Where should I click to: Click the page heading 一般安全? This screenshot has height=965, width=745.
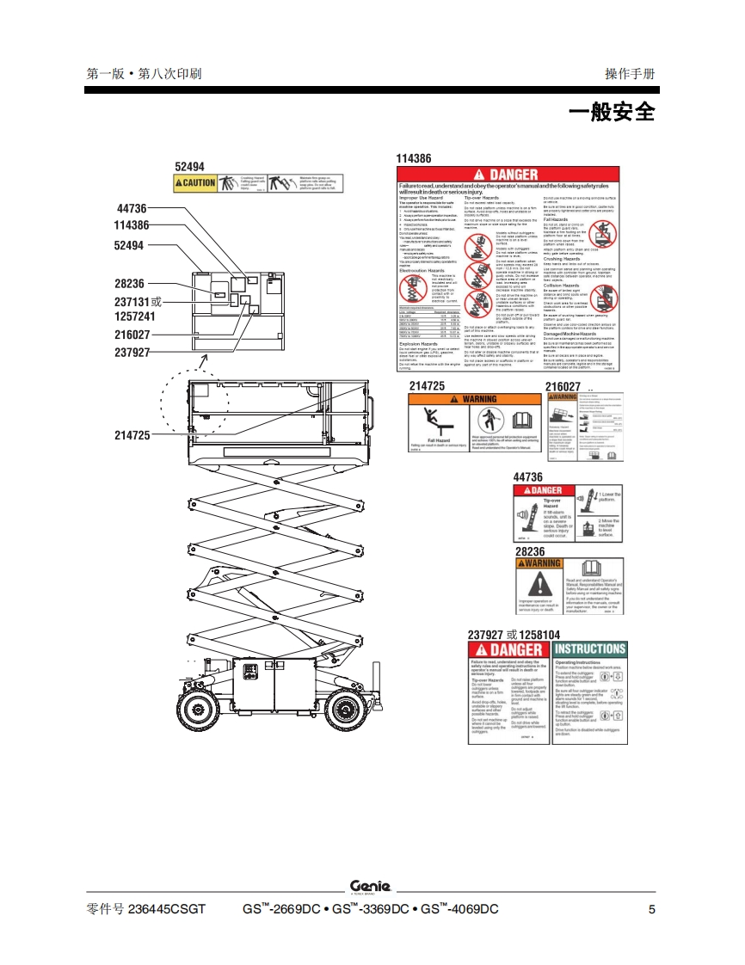(612, 113)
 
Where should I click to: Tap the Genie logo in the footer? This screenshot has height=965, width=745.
(370, 887)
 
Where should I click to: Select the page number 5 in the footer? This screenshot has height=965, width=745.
(651, 910)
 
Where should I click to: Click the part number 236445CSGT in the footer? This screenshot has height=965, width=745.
(167, 910)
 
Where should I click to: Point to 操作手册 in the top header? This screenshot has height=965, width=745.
(630, 74)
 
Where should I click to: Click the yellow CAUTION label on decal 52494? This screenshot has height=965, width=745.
(195, 183)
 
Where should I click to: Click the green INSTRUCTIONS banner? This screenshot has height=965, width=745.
(589, 649)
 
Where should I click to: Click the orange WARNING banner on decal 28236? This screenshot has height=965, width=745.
(539, 563)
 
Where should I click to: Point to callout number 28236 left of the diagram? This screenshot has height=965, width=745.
(130, 283)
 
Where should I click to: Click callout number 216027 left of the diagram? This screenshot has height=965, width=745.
(132, 335)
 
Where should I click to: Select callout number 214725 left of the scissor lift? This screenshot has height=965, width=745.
(132, 436)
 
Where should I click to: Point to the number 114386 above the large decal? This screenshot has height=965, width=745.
(414, 158)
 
